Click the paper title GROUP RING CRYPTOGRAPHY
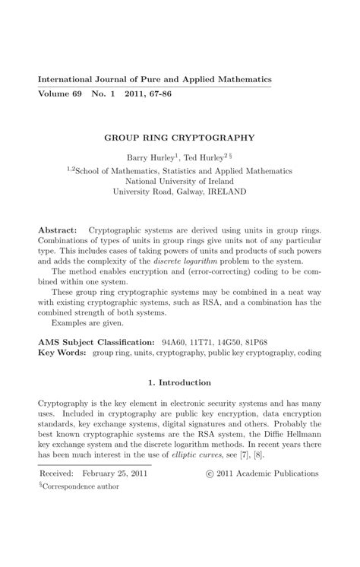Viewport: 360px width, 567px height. click(x=179, y=139)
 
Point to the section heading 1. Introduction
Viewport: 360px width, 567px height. click(x=179, y=382)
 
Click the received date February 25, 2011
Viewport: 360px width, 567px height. click(x=115, y=474)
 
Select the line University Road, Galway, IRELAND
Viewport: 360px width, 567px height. click(x=179, y=192)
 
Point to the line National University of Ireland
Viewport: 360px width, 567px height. click(x=179, y=182)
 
